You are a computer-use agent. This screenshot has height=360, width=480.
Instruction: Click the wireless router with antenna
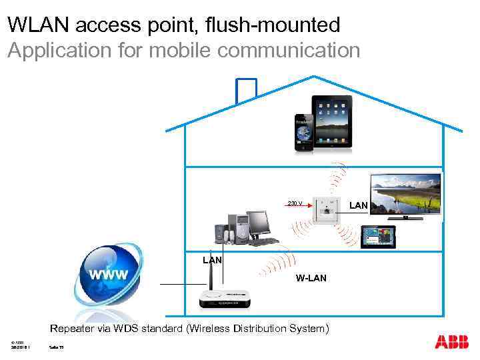[226, 299]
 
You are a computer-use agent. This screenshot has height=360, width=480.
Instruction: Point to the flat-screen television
[406, 195]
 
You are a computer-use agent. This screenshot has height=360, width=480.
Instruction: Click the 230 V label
[295, 203]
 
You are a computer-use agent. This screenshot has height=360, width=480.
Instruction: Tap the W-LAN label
[311, 278]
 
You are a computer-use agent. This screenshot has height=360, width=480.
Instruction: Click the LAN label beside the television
[359, 205]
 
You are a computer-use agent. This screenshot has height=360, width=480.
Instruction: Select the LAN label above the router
[213, 259]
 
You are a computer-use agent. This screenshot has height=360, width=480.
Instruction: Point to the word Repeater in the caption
[73, 328]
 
